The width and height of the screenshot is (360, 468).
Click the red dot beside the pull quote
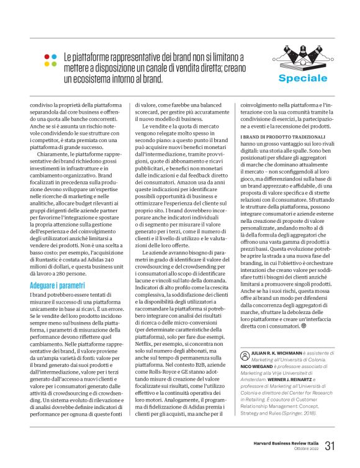47,56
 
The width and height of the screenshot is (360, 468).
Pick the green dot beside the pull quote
55,63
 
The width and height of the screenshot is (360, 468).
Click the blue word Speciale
302,78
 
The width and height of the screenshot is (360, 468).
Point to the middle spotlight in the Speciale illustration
302,51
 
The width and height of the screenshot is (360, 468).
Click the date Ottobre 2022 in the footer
305,450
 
